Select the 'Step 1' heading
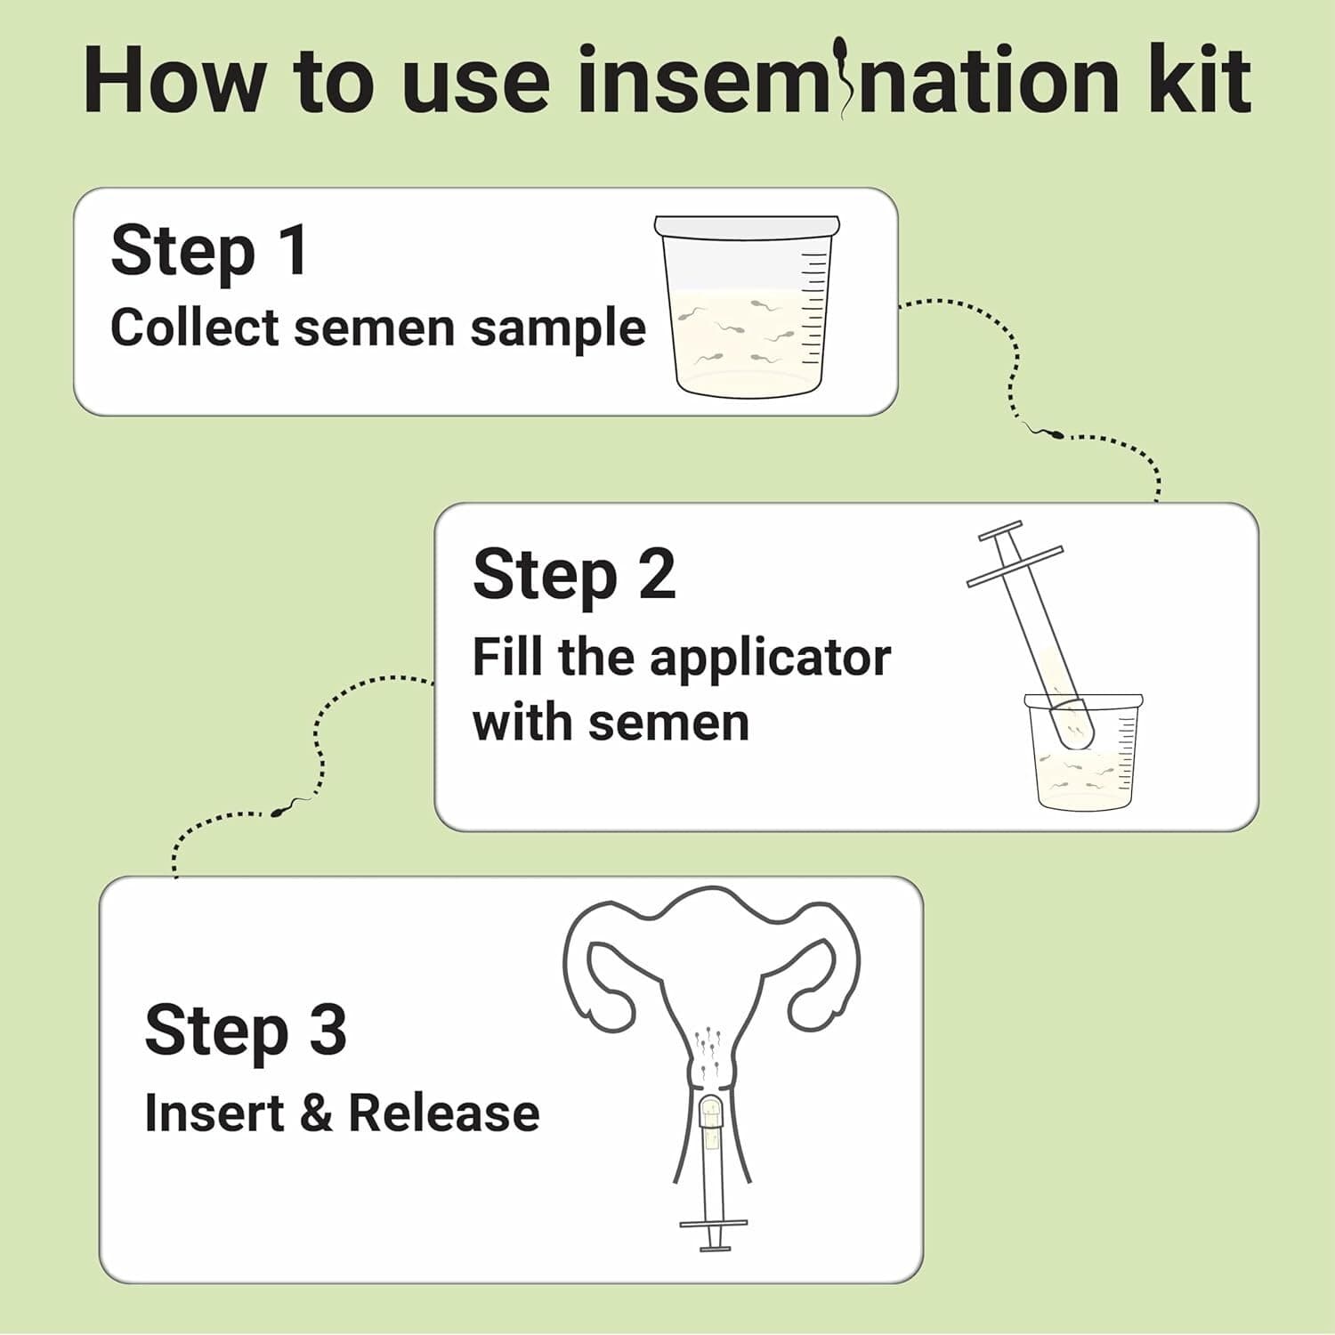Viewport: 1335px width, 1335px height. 209,251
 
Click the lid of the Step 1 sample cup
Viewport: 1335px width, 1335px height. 747,226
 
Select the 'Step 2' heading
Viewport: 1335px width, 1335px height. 574,575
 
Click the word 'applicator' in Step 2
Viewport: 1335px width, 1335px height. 769,659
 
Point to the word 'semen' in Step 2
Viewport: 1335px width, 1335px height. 672,722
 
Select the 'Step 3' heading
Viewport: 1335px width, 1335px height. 246,1030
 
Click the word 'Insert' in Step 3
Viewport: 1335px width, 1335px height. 213,1113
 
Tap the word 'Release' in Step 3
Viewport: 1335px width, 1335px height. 443,1113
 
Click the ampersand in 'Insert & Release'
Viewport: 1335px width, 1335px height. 315,1113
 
